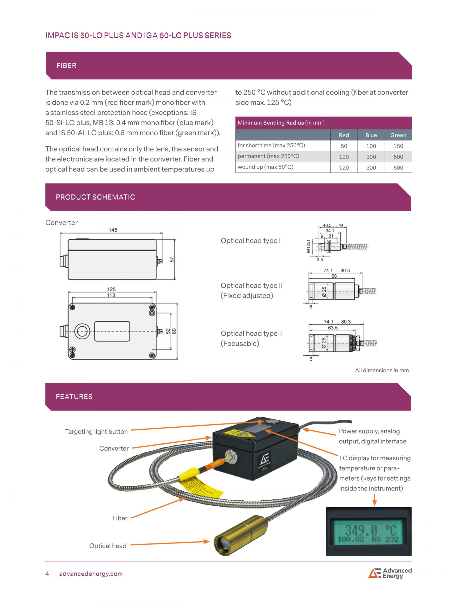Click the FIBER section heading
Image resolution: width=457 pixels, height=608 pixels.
click(66, 65)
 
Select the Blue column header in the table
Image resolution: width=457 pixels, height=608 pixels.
click(371, 135)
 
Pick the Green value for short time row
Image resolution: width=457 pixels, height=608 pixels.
click(398, 146)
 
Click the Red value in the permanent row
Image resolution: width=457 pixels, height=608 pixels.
click(343, 157)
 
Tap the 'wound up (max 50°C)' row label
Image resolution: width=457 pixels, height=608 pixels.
click(265, 167)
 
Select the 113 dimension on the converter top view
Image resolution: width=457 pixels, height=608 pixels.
click(111, 295)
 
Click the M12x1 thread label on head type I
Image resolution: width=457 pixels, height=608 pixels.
click(308, 246)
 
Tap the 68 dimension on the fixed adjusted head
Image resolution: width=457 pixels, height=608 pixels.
click(334, 276)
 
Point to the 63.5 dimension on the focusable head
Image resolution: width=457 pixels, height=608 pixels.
click(333, 328)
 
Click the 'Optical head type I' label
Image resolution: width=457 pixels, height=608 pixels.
click(250, 240)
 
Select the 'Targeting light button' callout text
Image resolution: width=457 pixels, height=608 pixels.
click(96, 432)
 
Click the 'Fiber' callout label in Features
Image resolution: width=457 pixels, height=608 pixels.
click(119, 518)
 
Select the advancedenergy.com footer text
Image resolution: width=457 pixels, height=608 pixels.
click(91, 574)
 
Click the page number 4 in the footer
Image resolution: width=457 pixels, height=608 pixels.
click(47, 574)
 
